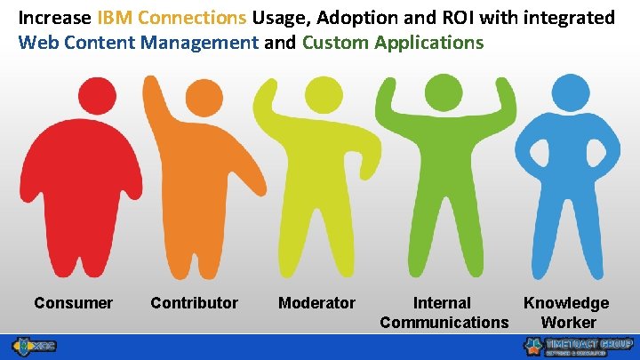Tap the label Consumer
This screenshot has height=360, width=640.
tap(73, 303)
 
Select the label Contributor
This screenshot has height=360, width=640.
tap(194, 303)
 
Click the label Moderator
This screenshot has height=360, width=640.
tap(316, 303)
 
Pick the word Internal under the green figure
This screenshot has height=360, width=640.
tap(442, 303)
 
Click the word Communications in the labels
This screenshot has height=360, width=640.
tap(444, 322)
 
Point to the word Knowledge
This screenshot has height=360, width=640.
tap(566, 303)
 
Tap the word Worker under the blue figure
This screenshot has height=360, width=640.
tap(568, 322)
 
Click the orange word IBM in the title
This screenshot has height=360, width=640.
tap(114, 17)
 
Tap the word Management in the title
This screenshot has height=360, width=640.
tap(205, 42)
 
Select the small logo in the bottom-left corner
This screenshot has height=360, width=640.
tap(33, 346)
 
